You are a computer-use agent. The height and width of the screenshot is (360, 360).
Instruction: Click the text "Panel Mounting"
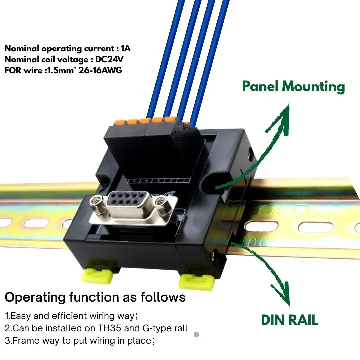293,87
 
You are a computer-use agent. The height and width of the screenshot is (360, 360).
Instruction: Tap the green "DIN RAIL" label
289,320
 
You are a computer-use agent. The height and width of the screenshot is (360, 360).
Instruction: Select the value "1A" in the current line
126,49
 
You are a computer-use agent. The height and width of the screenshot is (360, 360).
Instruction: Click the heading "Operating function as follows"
95,297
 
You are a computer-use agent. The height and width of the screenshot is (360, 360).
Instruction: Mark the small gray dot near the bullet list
196,334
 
